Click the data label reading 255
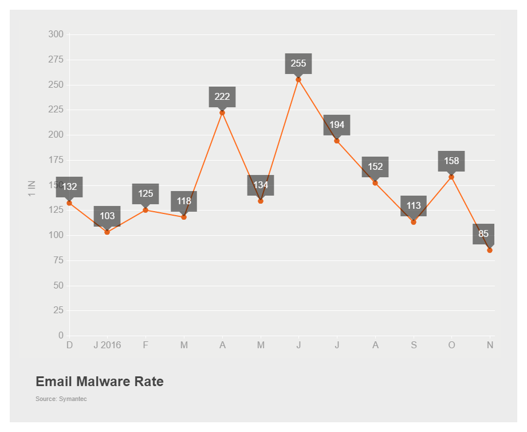coord(298,64)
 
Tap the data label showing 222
coord(222,97)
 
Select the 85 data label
coord(483,234)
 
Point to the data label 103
coord(107,216)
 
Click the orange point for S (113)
coord(414,222)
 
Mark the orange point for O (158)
coord(451,177)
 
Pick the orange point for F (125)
coord(145,210)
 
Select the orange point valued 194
coord(337,141)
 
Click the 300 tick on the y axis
coord(56,34)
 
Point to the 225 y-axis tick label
coord(56,110)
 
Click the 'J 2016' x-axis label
coord(107,345)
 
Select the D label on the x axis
coord(69,345)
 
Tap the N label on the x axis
coord(490,345)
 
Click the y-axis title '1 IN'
coord(32,189)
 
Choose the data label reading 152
coord(375,167)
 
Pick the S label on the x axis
coord(414,345)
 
